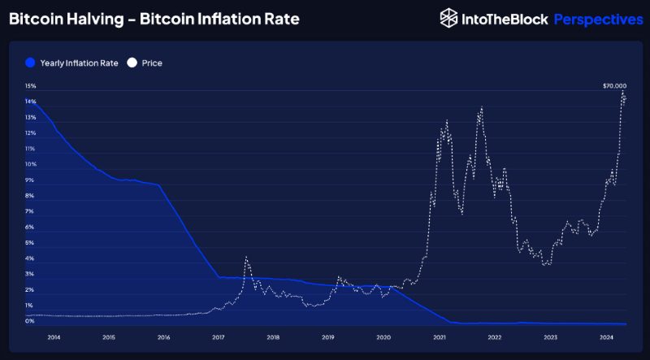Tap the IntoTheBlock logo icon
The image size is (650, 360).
pos(448,19)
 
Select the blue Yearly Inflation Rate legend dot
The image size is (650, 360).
pos(30,63)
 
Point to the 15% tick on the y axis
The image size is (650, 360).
pos(30,85)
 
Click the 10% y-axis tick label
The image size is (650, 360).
pos(30,164)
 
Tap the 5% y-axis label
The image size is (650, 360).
pos(30,243)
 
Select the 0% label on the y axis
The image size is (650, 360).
pos(30,322)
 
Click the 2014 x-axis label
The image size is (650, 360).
pos(53,336)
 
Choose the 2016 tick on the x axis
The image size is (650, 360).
pos(163,336)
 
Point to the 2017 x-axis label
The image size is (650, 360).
pos(219,336)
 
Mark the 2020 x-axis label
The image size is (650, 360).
pos(384,336)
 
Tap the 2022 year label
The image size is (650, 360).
pos(495,336)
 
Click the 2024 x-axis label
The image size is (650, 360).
pos(605,336)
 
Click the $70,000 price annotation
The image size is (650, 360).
pos(614,85)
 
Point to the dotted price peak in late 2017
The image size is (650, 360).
pos(245,258)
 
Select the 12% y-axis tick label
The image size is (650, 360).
pos(30,132)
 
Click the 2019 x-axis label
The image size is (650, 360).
pos(329,336)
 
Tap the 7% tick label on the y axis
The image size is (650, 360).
pos(30,211)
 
